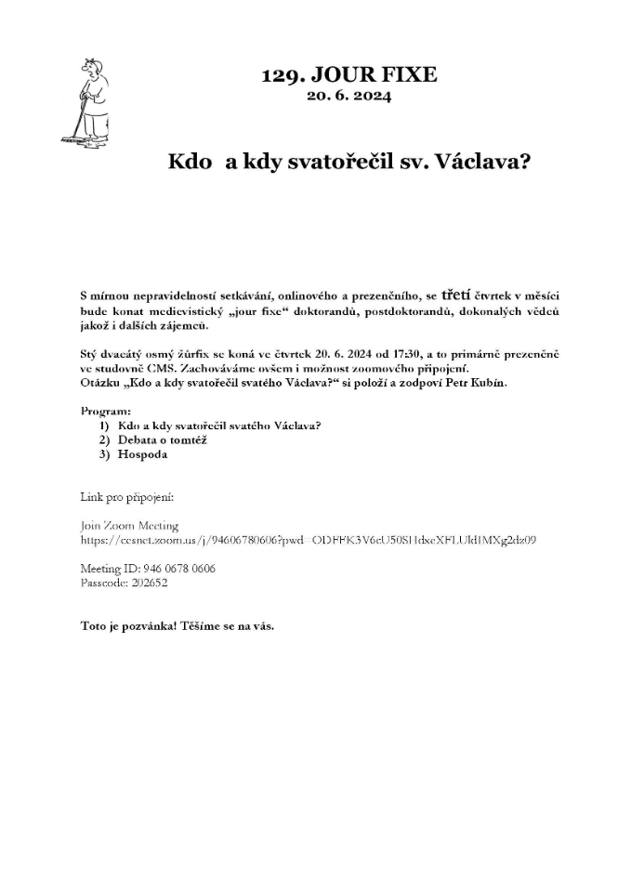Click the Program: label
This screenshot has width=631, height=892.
click(106, 410)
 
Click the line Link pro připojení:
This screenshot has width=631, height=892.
click(127, 498)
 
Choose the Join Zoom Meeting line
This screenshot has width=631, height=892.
click(129, 526)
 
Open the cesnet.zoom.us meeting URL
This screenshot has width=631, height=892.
click(308, 539)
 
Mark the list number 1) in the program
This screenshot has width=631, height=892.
click(104, 425)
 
